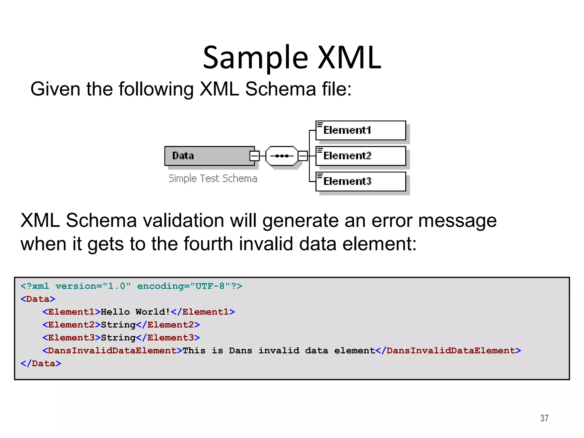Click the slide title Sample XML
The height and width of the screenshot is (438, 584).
tap(292, 58)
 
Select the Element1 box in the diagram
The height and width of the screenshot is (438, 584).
tap(360, 130)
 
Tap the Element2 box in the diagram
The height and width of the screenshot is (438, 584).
tap(360, 156)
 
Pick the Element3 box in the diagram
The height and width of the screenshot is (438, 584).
tap(360, 181)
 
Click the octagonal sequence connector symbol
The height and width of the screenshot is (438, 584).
tap(282, 156)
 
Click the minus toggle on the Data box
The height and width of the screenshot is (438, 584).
tap(254, 156)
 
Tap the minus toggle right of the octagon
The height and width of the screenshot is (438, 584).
tap(303, 156)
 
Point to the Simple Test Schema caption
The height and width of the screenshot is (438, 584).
tap(213, 179)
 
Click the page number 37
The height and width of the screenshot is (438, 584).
tap(544, 418)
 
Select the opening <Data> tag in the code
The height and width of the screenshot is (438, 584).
tap(38, 299)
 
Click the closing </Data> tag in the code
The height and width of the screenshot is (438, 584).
tap(41, 363)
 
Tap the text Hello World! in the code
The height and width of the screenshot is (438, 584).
tap(135, 312)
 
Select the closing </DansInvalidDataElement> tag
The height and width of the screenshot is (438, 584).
tap(448, 350)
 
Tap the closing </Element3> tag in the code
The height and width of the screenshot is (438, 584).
tap(168, 338)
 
